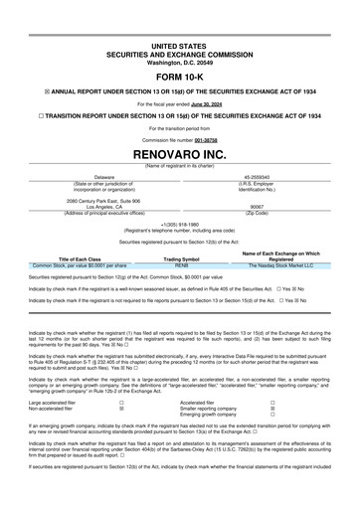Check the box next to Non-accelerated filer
(121, 408)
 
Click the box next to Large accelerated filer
(121, 401)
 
